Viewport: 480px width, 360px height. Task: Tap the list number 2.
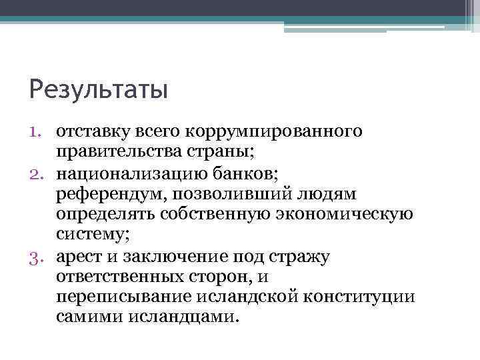37,174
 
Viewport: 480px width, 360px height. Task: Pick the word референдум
109,194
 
